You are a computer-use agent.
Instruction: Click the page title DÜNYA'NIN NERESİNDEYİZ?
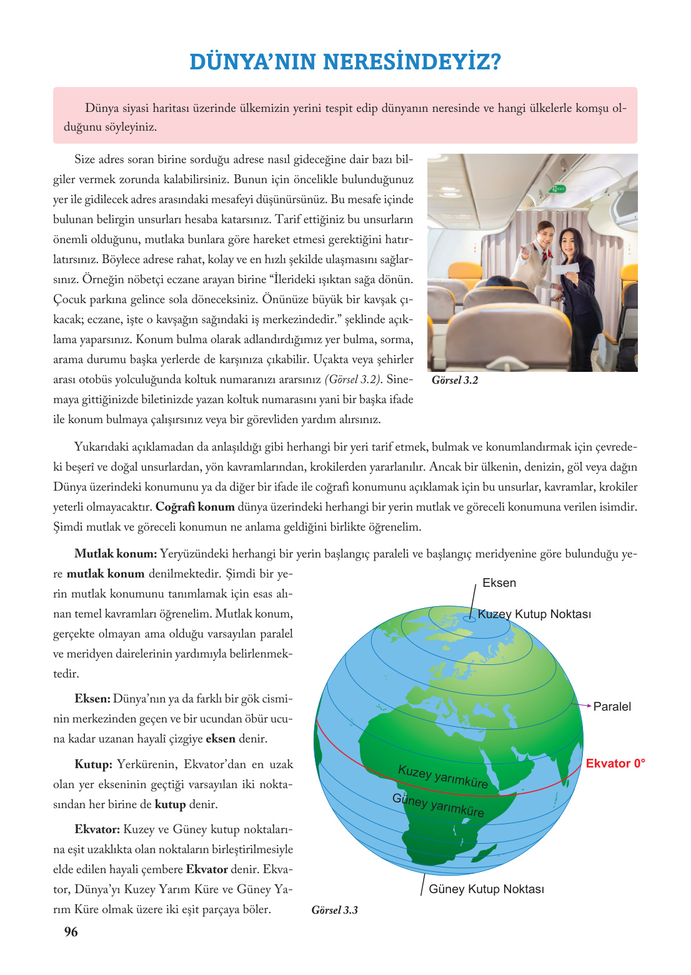(x=345, y=62)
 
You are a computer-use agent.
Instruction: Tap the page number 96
(x=71, y=932)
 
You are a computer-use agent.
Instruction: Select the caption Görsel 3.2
(x=455, y=380)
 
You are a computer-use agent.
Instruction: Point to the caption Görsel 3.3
(x=335, y=910)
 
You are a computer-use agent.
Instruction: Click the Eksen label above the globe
(x=499, y=583)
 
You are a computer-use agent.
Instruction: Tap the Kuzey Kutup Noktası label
(x=534, y=614)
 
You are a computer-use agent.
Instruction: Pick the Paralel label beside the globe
(x=612, y=707)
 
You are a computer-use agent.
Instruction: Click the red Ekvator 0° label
(x=615, y=764)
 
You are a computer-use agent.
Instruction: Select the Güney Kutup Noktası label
(x=486, y=889)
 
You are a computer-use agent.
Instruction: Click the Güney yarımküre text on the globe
(x=438, y=805)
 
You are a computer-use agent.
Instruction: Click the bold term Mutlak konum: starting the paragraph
(x=116, y=554)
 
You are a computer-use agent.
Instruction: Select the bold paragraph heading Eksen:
(x=92, y=699)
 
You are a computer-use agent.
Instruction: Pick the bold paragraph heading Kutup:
(x=93, y=764)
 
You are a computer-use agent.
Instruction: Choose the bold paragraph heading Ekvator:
(x=97, y=829)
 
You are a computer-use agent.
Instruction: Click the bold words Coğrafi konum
(x=195, y=507)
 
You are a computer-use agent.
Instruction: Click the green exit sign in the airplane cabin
(x=557, y=188)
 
